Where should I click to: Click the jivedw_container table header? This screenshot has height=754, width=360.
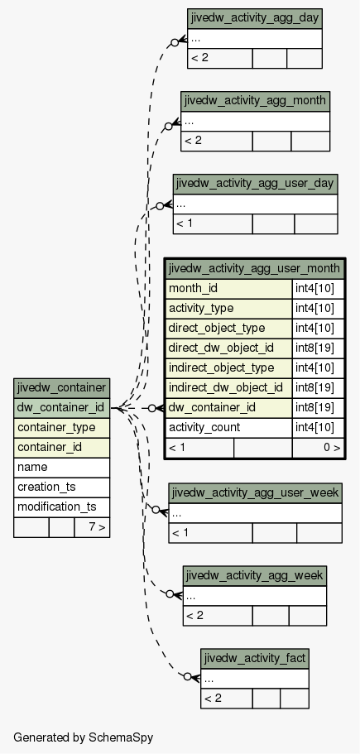click(61, 388)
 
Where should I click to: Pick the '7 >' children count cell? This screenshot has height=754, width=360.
click(92, 527)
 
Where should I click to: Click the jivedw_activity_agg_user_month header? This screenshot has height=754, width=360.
click(255, 268)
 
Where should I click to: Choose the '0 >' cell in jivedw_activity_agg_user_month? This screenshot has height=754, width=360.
click(318, 448)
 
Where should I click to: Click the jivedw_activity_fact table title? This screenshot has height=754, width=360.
click(255, 658)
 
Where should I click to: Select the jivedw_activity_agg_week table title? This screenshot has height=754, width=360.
click(255, 575)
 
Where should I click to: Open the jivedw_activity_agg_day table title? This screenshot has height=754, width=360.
click(255, 18)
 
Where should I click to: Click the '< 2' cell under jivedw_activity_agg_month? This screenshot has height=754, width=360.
click(217, 141)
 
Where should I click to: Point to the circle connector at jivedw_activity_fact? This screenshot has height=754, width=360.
click(188, 676)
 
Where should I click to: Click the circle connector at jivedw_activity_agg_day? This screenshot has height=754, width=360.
click(175, 42)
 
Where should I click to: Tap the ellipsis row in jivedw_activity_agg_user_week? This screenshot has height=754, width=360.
click(255, 514)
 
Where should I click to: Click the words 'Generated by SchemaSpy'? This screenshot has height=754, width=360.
click(83, 737)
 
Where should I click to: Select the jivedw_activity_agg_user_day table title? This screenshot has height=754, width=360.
click(255, 184)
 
